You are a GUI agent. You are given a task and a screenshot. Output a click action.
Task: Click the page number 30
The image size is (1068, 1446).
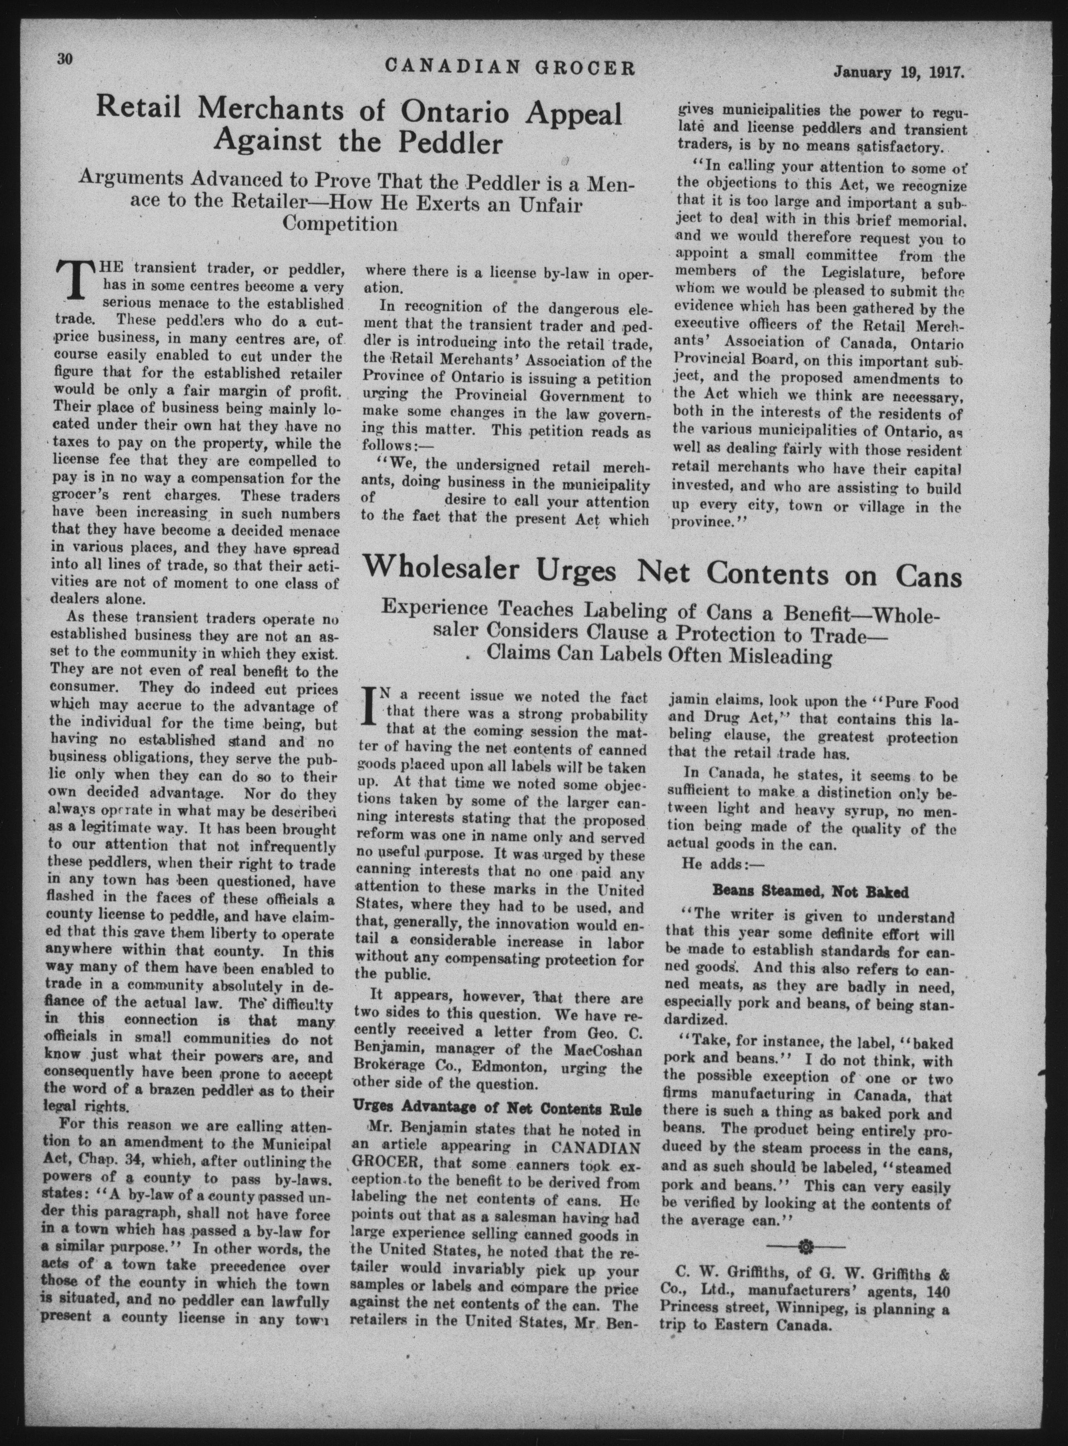coord(65,58)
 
